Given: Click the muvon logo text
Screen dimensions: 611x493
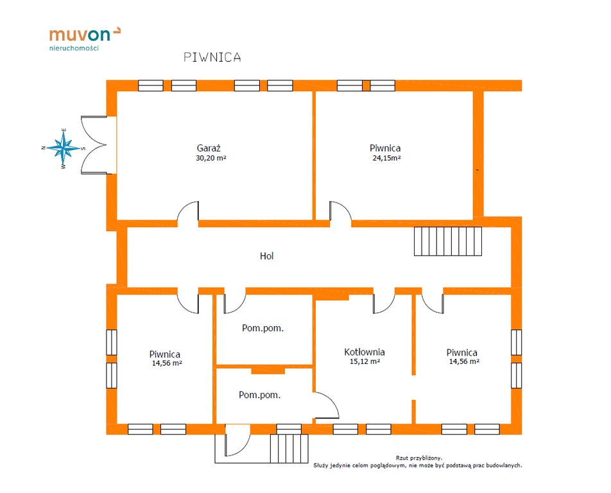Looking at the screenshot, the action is pyautogui.click(x=80, y=35).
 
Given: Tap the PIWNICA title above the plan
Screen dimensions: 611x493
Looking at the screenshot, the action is pyautogui.click(x=212, y=57).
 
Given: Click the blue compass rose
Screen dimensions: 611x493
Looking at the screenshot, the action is pyautogui.click(x=63, y=148).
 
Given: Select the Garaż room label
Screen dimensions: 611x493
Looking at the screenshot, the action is pyautogui.click(x=209, y=148).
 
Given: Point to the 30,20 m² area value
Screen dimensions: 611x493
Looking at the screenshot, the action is pyautogui.click(x=211, y=158).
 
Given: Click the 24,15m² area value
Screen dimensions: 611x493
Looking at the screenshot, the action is pyautogui.click(x=386, y=158).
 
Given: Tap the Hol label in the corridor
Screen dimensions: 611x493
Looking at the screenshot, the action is pyautogui.click(x=267, y=256).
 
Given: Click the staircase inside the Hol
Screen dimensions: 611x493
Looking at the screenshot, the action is pyautogui.click(x=448, y=241).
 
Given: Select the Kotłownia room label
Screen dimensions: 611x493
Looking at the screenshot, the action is pyautogui.click(x=365, y=352).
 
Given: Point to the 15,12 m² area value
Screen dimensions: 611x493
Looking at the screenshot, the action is pyautogui.click(x=365, y=361).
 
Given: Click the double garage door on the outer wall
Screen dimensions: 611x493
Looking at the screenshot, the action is pyautogui.click(x=94, y=145).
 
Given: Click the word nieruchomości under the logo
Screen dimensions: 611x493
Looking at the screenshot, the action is pyautogui.click(x=74, y=48).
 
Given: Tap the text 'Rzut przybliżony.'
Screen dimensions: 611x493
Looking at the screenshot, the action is pyautogui.click(x=419, y=458).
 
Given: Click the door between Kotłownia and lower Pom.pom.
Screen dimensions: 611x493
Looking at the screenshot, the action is pyautogui.click(x=326, y=406).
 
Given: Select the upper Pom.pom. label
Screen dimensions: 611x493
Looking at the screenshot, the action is pyautogui.click(x=262, y=328).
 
